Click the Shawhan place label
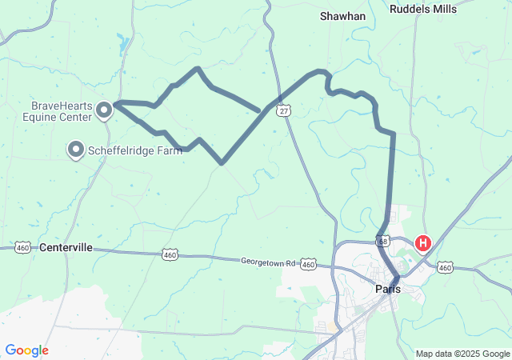[342, 16]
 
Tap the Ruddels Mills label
[423, 9]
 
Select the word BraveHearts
[62, 106]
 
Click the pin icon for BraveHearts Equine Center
[104, 110]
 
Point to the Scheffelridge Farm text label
[134, 150]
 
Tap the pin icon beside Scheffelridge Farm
[76, 149]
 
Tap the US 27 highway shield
[285, 112]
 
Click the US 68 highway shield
[382, 240]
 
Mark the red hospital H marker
[422, 242]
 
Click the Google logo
[26, 350]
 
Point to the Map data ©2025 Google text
[462, 354]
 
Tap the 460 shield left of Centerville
[22, 247]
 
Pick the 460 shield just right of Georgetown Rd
[310, 264]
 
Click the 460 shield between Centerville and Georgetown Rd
[170, 254]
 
